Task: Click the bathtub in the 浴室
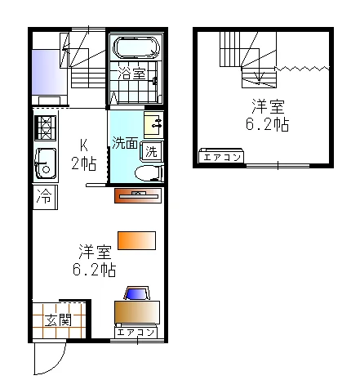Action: tap(136, 47)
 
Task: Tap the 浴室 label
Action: tap(132, 73)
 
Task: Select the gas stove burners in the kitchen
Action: tap(46, 128)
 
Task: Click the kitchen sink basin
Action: tap(46, 164)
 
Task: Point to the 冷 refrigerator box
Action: tap(45, 197)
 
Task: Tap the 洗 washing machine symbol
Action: tap(152, 151)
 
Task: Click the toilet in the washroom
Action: tap(149, 173)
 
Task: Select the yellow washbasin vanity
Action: tap(153, 125)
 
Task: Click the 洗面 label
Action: tap(125, 142)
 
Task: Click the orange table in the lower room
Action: tap(136, 240)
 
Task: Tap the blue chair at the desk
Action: tap(136, 293)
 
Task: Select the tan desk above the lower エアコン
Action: tap(137, 312)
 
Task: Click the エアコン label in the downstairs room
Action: tap(136, 333)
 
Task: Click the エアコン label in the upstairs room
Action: tap(222, 158)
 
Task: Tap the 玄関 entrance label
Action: tap(58, 320)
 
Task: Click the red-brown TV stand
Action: tap(138, 195)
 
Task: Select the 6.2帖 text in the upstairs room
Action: tap(267, 124)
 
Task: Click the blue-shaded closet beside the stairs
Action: tap(50, 72)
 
